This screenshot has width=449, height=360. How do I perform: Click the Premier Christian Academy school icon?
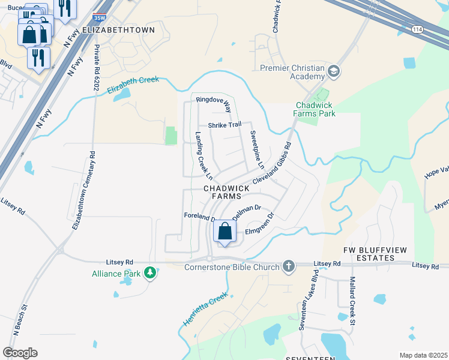[333, 73]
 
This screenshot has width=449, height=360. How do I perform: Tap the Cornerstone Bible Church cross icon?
[289, 266]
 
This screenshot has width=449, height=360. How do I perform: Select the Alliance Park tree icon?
[150, 274]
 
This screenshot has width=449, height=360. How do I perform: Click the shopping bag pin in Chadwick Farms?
[224, 232]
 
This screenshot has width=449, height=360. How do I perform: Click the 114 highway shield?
[417, 29]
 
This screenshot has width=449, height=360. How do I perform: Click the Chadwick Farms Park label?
[315, 109]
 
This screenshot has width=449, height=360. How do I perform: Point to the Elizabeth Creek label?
[133, 85]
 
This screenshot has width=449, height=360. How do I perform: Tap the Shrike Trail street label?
[224, 125]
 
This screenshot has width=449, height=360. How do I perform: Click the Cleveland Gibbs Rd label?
[272, 163]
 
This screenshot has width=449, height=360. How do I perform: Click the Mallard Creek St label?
[353, 304]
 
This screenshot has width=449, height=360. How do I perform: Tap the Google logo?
[20, 353]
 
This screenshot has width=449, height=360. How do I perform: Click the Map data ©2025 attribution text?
[423, 355]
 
